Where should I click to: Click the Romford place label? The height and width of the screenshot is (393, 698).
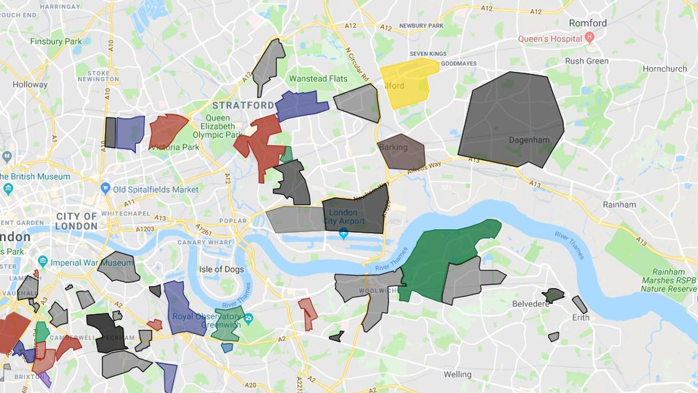coord(587,23)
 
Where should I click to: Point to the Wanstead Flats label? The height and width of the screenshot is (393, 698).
coord(318,79)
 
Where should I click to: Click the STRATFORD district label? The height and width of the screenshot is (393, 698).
coord(243,106)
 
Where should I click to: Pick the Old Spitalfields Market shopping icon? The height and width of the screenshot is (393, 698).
coord(105,188)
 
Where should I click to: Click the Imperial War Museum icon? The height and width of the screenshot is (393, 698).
coord(43,261)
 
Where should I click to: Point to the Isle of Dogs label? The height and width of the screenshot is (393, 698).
coord(221,269)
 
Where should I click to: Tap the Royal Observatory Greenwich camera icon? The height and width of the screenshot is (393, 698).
coord(248,319)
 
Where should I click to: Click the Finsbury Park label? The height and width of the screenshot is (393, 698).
coord(56,41)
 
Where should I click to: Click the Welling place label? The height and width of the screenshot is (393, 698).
coord(457,374)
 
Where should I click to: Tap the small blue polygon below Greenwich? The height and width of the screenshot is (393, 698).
coord(227,348)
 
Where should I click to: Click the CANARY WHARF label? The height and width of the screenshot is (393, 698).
coord(205,242)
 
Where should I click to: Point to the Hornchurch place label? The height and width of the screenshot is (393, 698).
coord(665,69)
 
